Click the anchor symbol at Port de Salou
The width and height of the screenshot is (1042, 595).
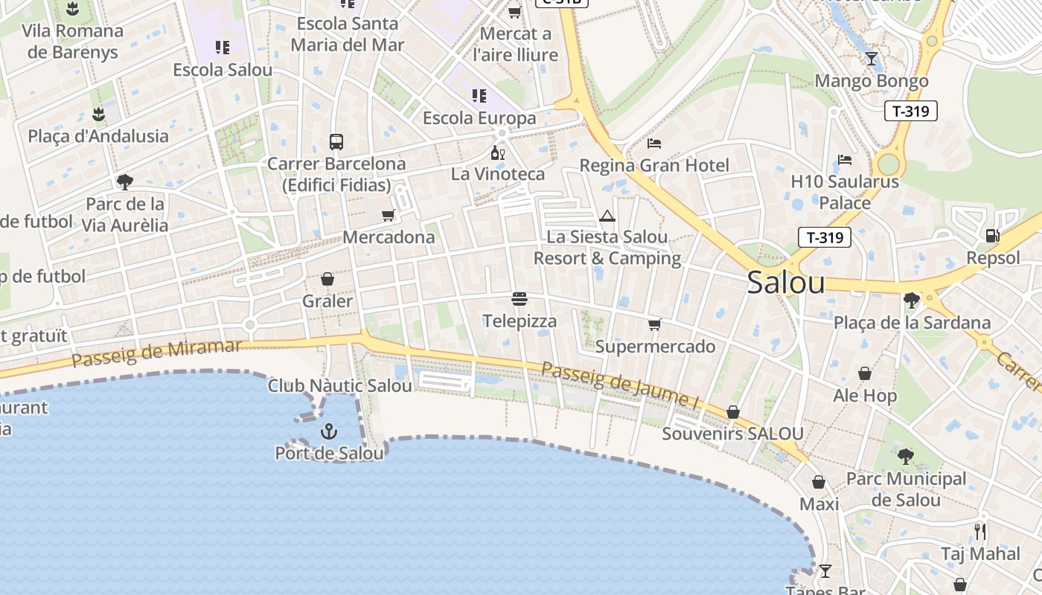pyautogui.click(x=328, y=431)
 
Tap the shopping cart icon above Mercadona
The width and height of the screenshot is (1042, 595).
pyautogui.click(x=388, y=216)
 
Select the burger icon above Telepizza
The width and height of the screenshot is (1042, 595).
pyautogui.click(x=520, y=299)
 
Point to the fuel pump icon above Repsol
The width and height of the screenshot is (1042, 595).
pyautogui.click(x=992, y=236)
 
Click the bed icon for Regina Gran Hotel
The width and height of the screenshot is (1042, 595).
pyautogui.click(x=654, y=143)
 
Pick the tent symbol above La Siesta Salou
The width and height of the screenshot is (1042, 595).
pyautogui.click(x=607, y=216)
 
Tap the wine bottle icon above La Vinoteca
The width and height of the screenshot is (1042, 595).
pyautogui.click(x=498, y=152)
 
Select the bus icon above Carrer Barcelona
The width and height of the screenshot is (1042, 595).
pyautogui.click(x=336, y=141)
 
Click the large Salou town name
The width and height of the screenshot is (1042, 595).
pyautogui.click(x=786, y=283)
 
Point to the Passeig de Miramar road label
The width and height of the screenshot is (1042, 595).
pyautogui.click(x=158, y=353)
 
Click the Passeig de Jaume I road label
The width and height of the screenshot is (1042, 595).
pyautogui.click(x=621, y=386)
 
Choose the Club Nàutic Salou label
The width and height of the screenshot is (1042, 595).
pyautogui.click(x=339, y=385)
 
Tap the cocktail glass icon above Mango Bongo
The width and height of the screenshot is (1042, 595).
pyautogui.click(x=872, y=59)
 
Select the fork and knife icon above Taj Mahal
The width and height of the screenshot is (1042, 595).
pyautogui.click(x=980, y=532)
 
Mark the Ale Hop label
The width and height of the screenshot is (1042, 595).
pyautogui.click(x=865, y=396)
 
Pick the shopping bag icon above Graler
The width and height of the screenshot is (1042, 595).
pyautogui.click(x=327, y=279)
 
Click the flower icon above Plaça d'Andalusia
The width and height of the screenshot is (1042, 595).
pyautogui.click(x=98, y=115)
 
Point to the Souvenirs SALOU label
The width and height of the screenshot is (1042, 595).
pyautogui.click(x=733, y=434)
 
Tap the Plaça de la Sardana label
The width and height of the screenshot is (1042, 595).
pyautogui.click(x=912, y=322)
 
